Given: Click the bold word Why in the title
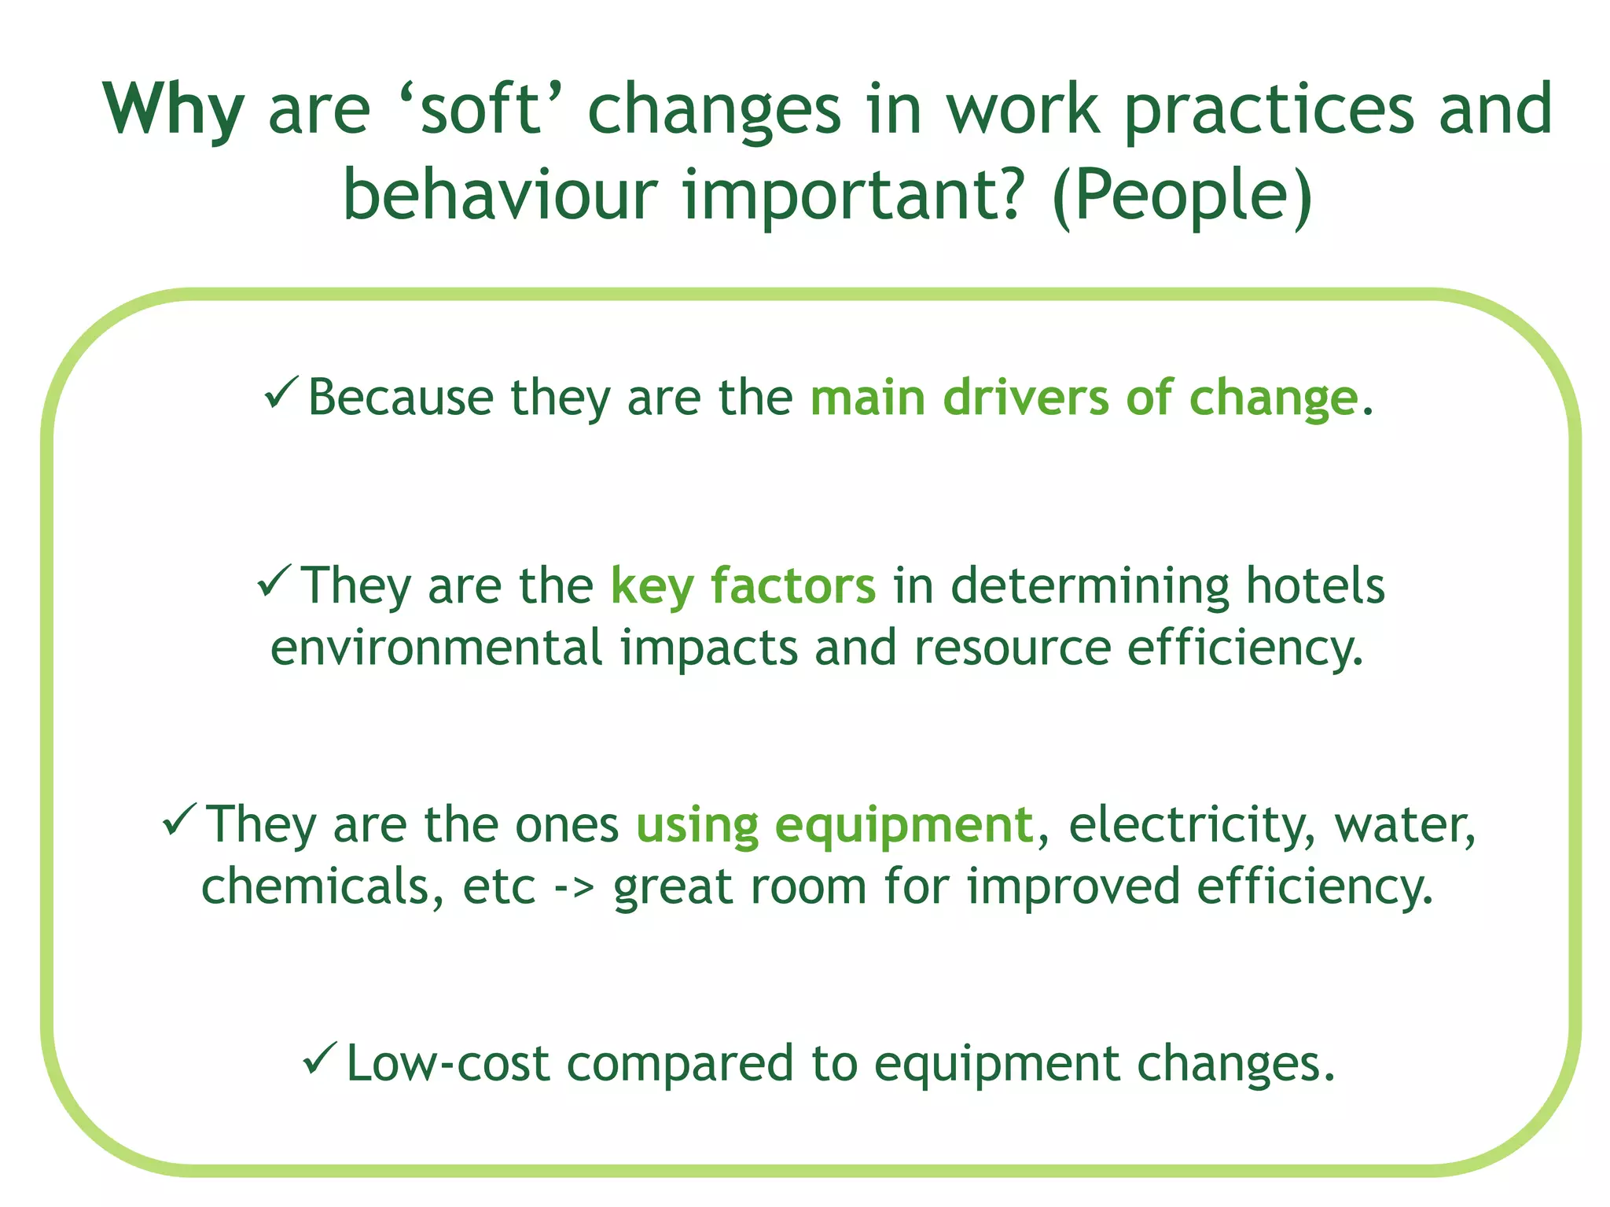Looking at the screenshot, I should click(x=173, y=110).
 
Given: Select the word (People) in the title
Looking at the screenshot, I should click(x=1182, y=196).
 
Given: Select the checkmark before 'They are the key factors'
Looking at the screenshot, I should click(x=274, y=581).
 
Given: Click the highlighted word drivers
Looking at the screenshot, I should click(x=1025, y=398).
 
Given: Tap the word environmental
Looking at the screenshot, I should click(x=436, y=648).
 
